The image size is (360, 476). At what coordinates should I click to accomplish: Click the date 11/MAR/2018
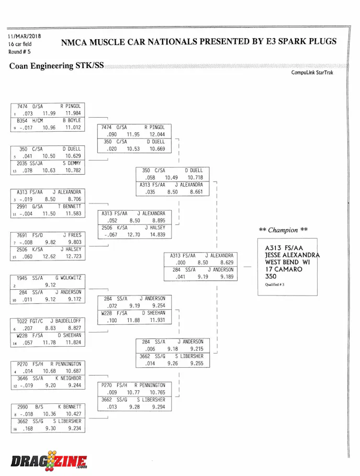click(24, 37)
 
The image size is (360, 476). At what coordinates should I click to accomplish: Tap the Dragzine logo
click(49, 460)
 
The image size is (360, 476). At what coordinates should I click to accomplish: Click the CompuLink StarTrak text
click(312, 73)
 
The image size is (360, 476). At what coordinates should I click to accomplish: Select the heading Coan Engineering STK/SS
click(57, 66)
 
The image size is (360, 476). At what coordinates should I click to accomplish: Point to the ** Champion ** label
click(283, 230)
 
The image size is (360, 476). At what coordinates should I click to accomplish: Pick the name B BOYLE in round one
click(71, 120)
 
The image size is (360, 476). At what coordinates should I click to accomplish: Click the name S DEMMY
click(71, 163)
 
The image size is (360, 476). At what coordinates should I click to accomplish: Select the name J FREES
click(72, 235)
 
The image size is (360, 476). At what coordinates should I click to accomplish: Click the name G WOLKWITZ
click(68, 278)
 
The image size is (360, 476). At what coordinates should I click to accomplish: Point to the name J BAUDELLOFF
click(66, 321)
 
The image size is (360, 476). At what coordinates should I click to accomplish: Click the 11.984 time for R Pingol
click(73, 113)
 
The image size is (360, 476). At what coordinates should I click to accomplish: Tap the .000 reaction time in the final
click(181, 263)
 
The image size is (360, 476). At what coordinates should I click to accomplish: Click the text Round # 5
click(19, 52)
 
